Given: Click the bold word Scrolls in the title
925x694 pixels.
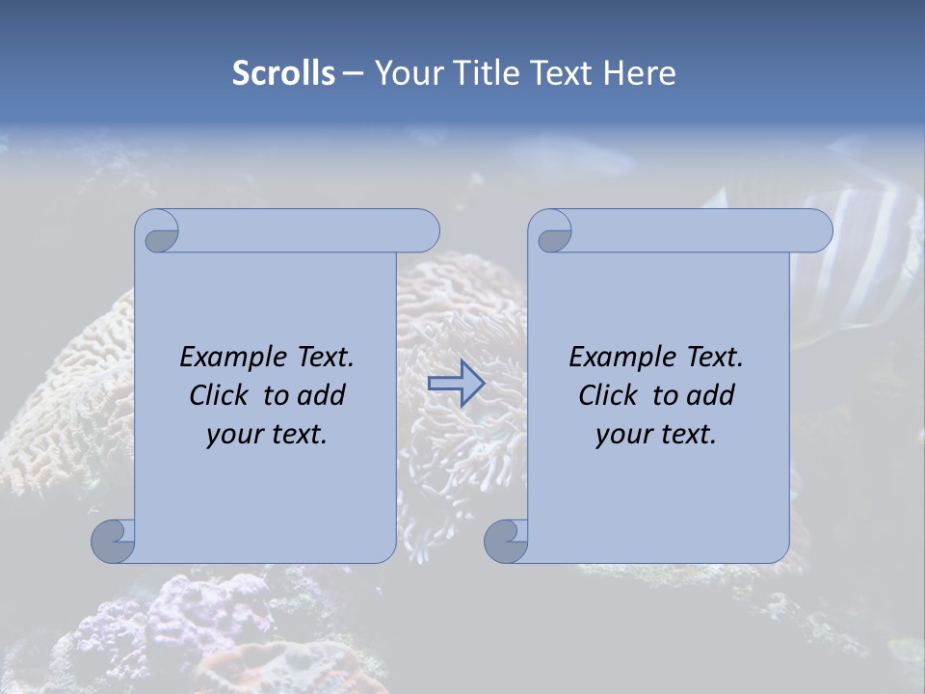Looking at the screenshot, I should (283, 73).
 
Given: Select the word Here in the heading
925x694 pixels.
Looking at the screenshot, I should (640, 73).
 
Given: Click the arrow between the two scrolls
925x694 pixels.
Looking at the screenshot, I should (456, 384).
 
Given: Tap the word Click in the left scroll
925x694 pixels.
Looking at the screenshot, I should (220, 395).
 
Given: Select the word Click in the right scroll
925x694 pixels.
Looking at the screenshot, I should (609, 395).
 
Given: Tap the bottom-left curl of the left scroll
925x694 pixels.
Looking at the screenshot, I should (114, 541).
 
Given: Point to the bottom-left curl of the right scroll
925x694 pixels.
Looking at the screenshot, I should (507, 541).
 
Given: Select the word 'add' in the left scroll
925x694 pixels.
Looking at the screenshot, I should (323, 395).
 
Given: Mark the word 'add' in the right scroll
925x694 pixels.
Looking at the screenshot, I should (712, 395).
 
